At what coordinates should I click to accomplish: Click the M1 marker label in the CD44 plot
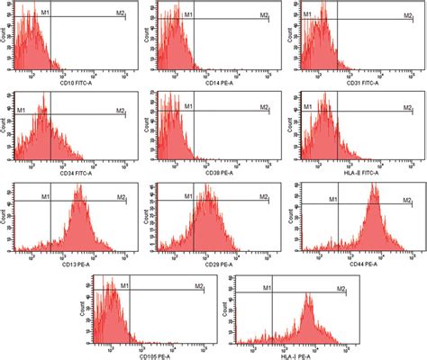(332, 198)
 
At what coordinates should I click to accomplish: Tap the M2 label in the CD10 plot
(121, 15)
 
